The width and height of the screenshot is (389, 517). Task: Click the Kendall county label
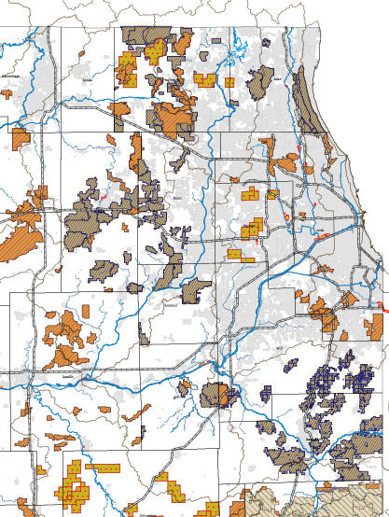pos(170,304)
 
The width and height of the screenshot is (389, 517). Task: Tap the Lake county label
pos(277,80)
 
